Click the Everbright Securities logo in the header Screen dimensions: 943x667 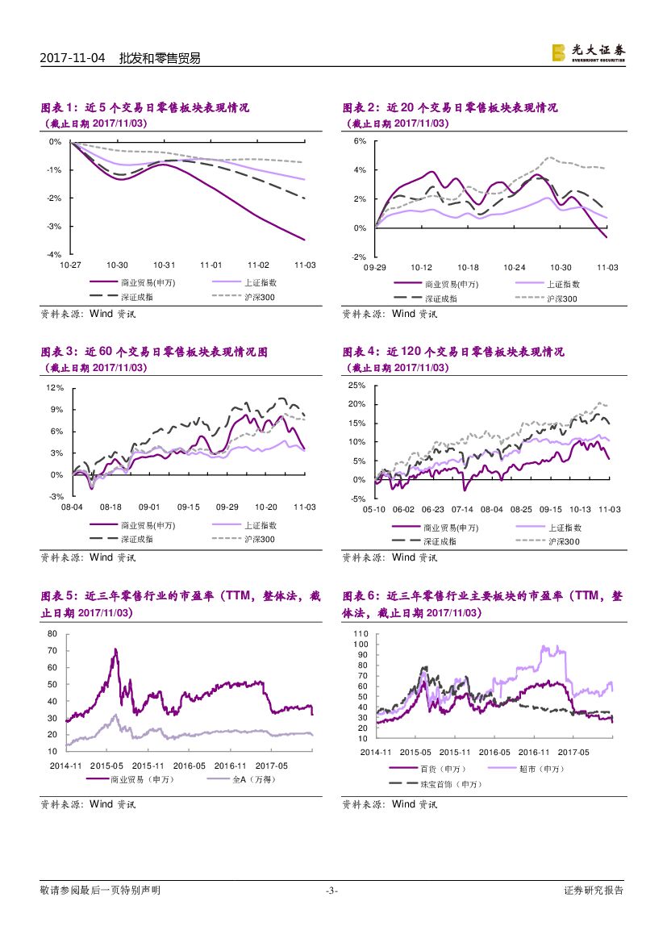588,52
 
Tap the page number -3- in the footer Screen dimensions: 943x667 331,891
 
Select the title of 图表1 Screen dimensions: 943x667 145,107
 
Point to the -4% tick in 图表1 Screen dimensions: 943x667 55,255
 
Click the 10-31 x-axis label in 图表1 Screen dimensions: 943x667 165,265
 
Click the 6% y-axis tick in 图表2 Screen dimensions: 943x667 361,141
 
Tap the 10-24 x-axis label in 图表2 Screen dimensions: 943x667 514,267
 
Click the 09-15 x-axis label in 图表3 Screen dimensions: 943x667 188,507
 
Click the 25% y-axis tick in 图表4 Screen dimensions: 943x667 357,385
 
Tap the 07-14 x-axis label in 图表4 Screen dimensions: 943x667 462,510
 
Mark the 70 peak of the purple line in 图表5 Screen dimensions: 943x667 115,649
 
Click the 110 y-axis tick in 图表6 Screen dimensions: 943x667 361,634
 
